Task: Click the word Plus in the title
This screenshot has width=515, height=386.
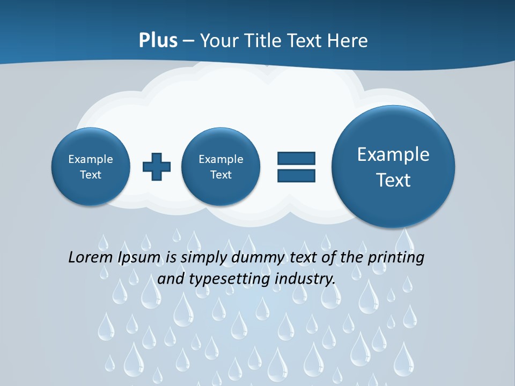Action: pyautogui.click(x=158, y=41)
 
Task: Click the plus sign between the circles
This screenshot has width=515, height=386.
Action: pyautogui.click(x=157, y=167)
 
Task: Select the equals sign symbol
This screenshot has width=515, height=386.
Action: pyautogui.click(x=296, y=167)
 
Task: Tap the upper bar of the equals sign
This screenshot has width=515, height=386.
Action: pyautogui.click(x=296, y=158)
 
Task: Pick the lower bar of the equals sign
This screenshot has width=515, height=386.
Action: pyautogui.click(x=296, y=175)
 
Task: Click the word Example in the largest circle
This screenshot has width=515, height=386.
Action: pyautogui.click(x=393, y=154)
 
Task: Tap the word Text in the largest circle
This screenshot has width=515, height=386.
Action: pyautogui.click(x=393, y=180)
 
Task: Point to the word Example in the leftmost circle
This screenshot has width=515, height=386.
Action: pyautogui.click(x=91, y=159)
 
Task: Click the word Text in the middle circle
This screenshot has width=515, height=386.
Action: pyautogui.click(x=220, y=175)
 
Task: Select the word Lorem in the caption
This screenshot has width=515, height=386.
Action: pyautogui.click(x=91, y=258)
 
